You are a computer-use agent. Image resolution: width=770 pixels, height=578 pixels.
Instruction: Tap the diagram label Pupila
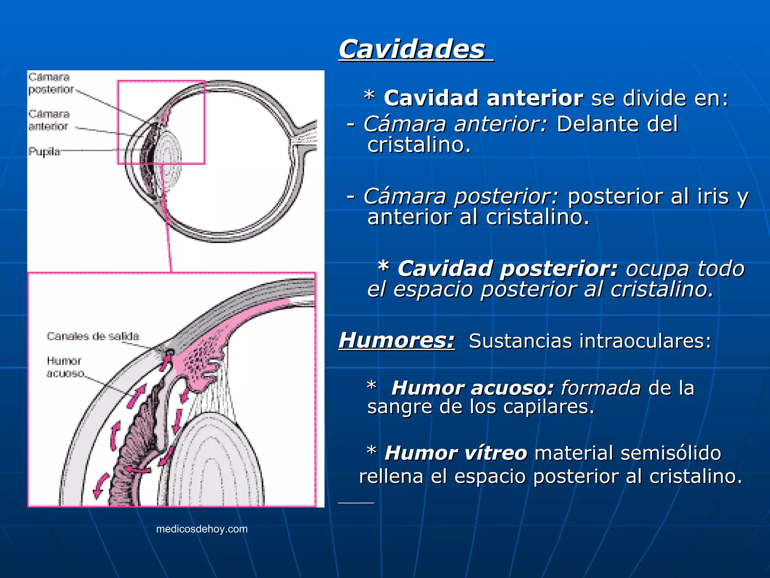44,152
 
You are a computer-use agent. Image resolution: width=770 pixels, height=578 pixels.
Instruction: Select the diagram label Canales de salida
93,336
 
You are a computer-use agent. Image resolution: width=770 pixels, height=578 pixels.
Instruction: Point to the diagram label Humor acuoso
65,367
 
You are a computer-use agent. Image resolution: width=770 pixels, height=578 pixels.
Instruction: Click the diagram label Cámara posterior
50,83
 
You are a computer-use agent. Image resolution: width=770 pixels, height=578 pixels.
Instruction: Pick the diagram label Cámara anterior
49,120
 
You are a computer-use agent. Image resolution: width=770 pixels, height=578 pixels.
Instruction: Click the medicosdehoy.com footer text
202,529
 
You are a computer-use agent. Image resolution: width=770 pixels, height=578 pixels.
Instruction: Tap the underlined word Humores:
397,341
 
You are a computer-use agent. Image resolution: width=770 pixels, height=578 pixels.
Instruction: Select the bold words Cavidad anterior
484,98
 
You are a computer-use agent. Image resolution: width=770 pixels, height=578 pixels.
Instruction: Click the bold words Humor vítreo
456,453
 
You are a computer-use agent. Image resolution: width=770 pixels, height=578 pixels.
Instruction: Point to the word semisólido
671,453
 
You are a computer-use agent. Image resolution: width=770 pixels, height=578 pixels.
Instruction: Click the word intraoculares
645,341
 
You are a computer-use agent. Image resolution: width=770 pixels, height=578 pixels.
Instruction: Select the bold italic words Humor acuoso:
473,388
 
